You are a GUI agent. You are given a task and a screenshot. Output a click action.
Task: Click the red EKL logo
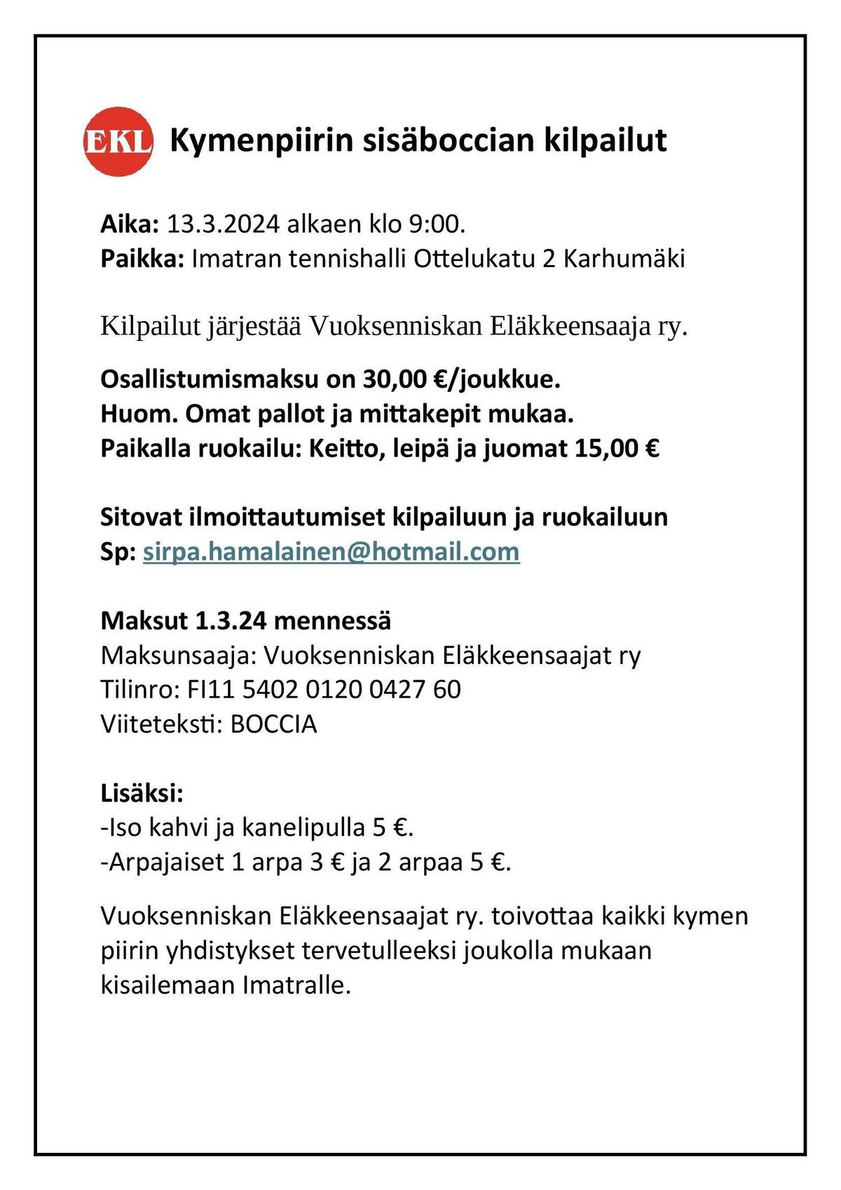click(x=118, y=141)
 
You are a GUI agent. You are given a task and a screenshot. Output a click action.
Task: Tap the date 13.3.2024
click(x=224, y=224)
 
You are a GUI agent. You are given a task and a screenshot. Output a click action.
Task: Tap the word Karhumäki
click(x=624, y=259)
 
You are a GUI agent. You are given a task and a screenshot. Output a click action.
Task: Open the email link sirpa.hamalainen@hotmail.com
click(x=331, y=552)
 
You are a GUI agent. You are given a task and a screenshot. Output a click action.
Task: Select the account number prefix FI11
click(x=211, y=690)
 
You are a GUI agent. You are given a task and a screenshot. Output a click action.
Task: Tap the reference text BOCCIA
click(x=273, y=724)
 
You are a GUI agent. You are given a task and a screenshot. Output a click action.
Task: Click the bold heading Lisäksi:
click(x=142, y=794)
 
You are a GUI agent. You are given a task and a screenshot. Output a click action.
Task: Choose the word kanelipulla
click(x=303, y=828)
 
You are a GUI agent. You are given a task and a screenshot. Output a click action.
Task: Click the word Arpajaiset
click(x=162, y=862)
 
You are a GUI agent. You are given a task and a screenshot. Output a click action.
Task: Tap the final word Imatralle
click(x=296, y=985)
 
